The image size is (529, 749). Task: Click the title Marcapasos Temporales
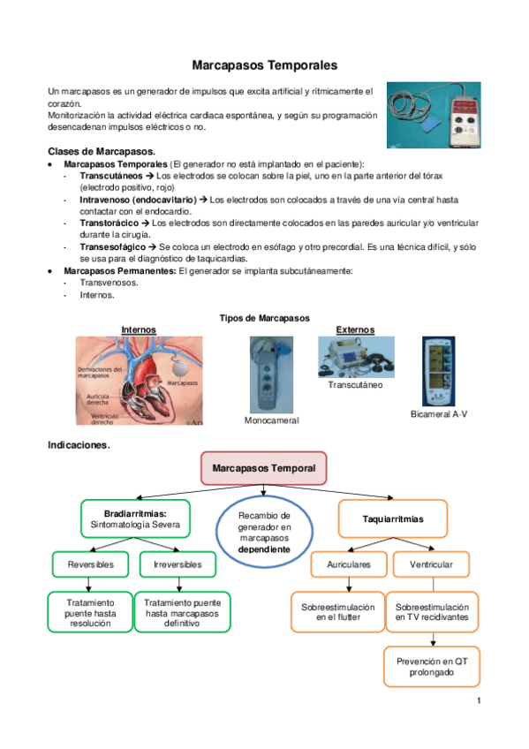[264, 65]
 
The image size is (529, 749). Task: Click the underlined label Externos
[355, 329]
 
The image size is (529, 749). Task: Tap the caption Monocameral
[271, 420]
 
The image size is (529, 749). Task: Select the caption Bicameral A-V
[439, 414]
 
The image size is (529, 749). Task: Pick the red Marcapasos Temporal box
[264, 467]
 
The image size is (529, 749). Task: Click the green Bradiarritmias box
[135, 518]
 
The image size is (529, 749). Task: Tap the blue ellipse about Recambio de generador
[264, 531]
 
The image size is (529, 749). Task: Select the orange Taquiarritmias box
[392, 519]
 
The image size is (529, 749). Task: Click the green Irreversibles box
[178, 564]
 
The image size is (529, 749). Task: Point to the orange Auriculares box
[349, 564]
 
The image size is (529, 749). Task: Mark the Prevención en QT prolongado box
[431, 666]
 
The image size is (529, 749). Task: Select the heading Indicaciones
[79, 445]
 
